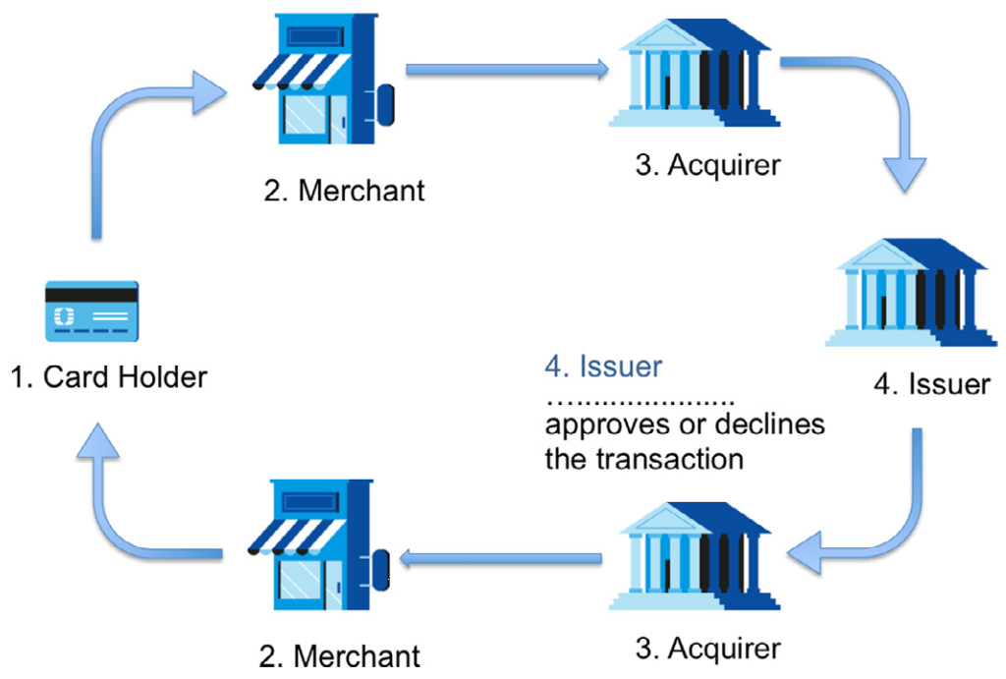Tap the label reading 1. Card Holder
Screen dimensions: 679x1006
(x=109, y=376)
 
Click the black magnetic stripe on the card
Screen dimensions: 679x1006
(x=91, y=293)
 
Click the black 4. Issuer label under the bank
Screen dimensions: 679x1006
(x=931, y=382)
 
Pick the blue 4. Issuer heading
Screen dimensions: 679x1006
(x=603, y=367)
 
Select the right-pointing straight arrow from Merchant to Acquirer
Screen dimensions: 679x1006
(x=507, y=69)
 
